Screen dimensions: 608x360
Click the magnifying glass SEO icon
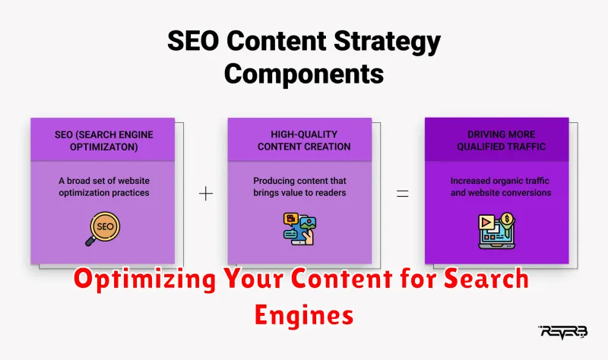[103, 229]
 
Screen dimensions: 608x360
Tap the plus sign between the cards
[206, 194]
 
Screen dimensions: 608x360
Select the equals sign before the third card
[403, 194]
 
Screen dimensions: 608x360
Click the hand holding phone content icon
[299, 229]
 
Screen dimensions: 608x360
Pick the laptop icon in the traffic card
[497, 231]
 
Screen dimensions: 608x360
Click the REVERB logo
[563, 332]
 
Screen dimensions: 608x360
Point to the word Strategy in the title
[387, 42]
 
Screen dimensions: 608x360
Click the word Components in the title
[304, 74]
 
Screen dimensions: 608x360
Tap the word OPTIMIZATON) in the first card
[104, 147]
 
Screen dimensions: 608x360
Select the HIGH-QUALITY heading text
[304, 134]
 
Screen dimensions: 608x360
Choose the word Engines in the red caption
[304, 315]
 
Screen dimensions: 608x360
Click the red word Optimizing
[144, 279]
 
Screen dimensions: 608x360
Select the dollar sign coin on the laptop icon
[507, 219]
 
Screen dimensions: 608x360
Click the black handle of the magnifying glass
[90, 241]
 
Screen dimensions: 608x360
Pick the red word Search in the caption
[486, 279]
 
